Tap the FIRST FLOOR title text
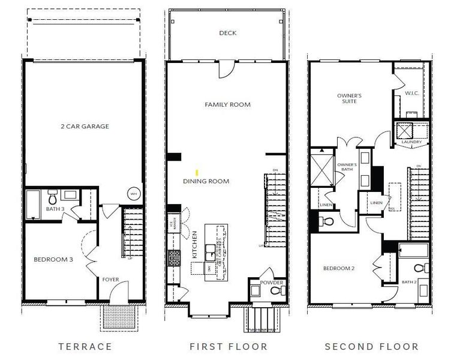click(x=227, y=346)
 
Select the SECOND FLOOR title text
click(x=371, y=346)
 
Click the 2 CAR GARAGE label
click(x=85, y=127)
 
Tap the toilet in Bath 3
click(x=53, y=197)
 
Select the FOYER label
click(x=110, y=280)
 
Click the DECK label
click(x=227, y=33)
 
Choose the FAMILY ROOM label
click(x=227, y=105)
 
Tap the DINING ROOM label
click(x=206, y=181)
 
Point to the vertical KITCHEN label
click(x=194, y=244)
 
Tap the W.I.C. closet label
click(x=411, y=93)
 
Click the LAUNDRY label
click(x=411, y=142)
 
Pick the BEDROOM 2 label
click(x=339, y=268)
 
